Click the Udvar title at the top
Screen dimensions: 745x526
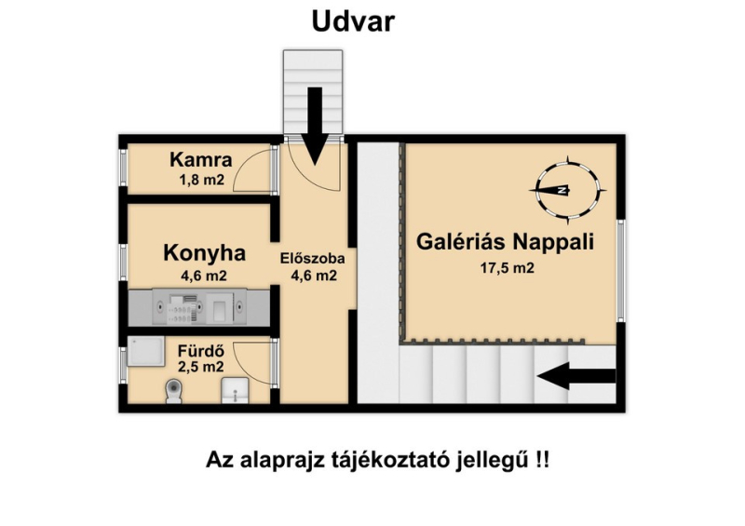point(353,21)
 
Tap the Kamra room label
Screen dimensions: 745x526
point(201,159)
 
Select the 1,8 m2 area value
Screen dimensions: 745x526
point(201,180)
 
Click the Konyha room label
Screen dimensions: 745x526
point(204,253)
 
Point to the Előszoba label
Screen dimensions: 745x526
point(312,259)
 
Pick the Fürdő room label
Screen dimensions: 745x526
point(200,351)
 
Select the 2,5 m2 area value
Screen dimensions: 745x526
point(200,367)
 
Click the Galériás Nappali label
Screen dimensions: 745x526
point(505,241)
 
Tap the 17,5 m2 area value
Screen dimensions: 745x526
point(507,268)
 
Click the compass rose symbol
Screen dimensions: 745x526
point(568,190)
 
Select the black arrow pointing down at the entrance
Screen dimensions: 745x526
point(315,126)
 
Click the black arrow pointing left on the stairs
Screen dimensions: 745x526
point(576,376)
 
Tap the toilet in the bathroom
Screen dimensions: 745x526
point(173,392)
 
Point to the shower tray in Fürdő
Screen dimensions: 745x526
point(146,351)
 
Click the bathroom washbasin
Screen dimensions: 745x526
point(235,390)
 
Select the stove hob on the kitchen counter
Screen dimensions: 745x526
point(181,308)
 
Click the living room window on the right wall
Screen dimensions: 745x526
point(620,270)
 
